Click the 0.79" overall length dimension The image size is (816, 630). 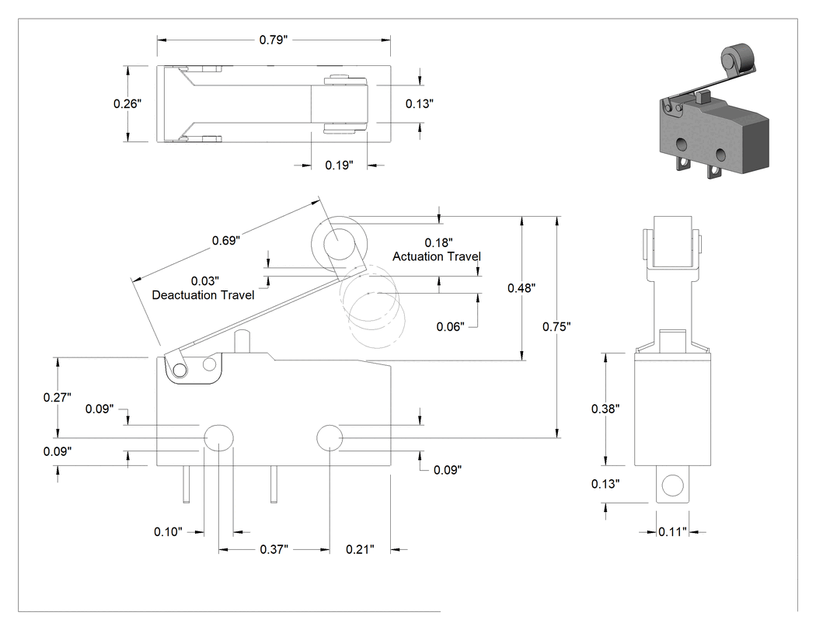tap(274, 40)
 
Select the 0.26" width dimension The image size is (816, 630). tap(127, 103)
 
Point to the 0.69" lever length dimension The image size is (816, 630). tap(226, 240)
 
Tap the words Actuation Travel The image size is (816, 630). tap(437, 256)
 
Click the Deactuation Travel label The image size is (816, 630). tap(203, 295)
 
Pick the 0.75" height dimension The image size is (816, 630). tap(556, 327)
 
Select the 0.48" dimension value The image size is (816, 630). tap(521, 287)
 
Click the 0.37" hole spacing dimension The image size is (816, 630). tap(274, 549)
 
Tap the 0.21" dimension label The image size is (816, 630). tap(360, 549)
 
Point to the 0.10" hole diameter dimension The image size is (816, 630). tap(168, 531)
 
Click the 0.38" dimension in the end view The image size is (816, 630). tap(605, 409)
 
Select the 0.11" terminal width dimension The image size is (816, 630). tap(672, 531)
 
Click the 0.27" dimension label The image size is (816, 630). tap(58, 398)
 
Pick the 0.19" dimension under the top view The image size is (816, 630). tap(340, 165)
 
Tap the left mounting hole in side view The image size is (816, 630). tap(218, 438)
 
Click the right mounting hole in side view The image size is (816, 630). tap(330, 438)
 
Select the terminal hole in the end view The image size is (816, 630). tap(672, 486)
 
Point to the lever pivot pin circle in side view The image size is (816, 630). tap(180, 371)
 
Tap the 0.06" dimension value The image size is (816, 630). tap(451, 327)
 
